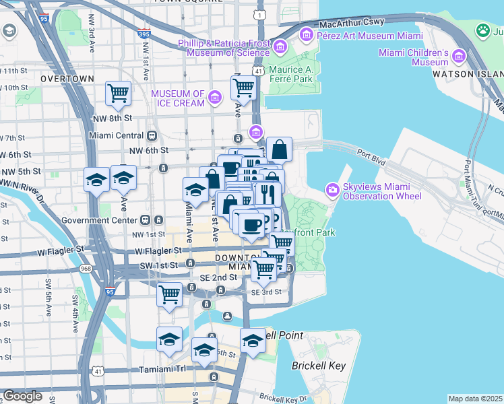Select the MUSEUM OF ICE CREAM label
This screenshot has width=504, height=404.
click(178, 98)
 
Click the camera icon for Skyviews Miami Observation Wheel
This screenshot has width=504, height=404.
click(332, 190)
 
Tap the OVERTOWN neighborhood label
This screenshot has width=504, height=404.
click(67, 79)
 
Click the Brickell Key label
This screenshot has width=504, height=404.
click(318, 366)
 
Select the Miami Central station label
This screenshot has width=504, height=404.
click(117, 135)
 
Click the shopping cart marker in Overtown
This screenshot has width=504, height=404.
click(119, 93)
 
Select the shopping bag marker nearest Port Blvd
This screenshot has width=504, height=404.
click(279, 149)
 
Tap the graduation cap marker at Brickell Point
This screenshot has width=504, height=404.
click(253, 340)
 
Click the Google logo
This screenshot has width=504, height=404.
click(22, 396)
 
